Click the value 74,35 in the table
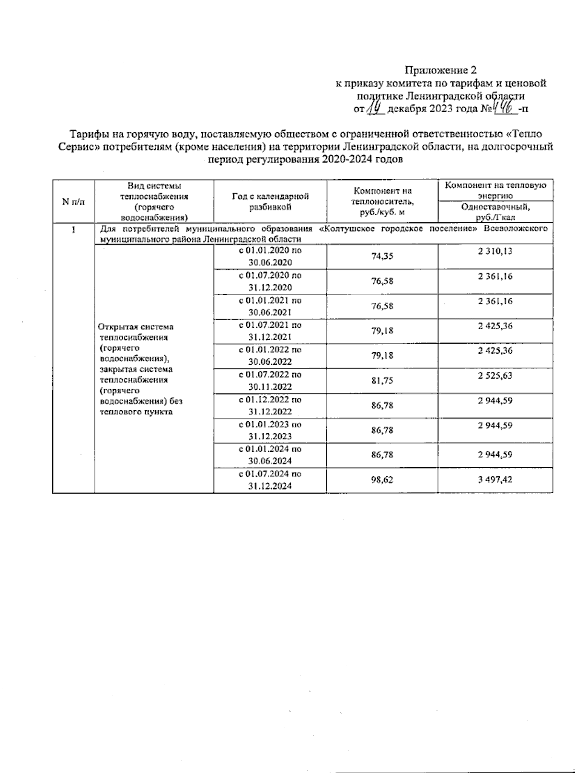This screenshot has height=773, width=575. click(x=382, y=256)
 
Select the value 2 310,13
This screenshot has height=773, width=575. click(x=495, y=251)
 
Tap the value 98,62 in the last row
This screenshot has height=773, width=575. click(x=382, y=480)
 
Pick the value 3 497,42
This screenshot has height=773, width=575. click(x=495, y=479)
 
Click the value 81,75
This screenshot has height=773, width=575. click(x=382, y=381)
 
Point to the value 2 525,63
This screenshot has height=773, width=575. click(x=495, y=376)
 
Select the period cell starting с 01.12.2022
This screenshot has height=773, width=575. click(x=270, y=405)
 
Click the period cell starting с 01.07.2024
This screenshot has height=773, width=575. click(x=270, y=480)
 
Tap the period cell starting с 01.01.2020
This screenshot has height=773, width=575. click(x=270, y=256)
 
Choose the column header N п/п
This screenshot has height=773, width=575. click(x=73, y=202)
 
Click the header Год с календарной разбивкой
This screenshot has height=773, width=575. click(x=270, y=201)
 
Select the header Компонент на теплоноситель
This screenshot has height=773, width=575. click(x=382, y=201)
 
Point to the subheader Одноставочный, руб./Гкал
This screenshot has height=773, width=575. click(x=495, y=212)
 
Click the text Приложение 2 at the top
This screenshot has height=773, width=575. click(x=441, y=70)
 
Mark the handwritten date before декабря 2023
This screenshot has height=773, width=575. click(x=376, y=109)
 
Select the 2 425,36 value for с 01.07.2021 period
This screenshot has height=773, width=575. click(x=495, y=326)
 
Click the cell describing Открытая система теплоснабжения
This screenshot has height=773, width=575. click(x=139, y=369)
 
